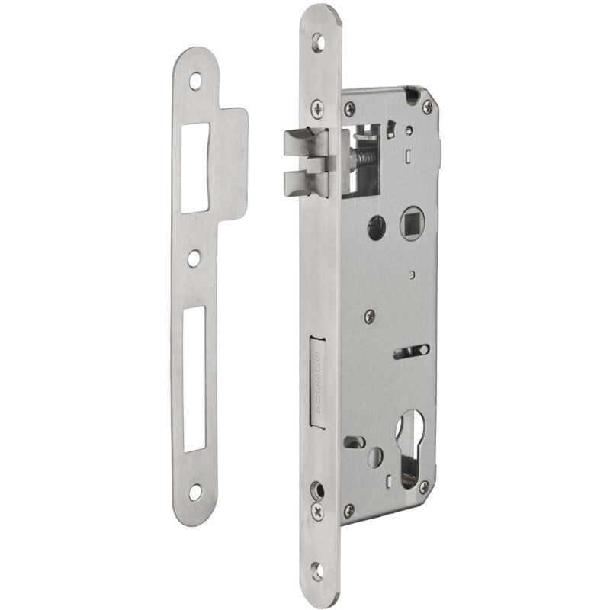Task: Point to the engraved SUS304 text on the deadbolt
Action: [319, 374]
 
